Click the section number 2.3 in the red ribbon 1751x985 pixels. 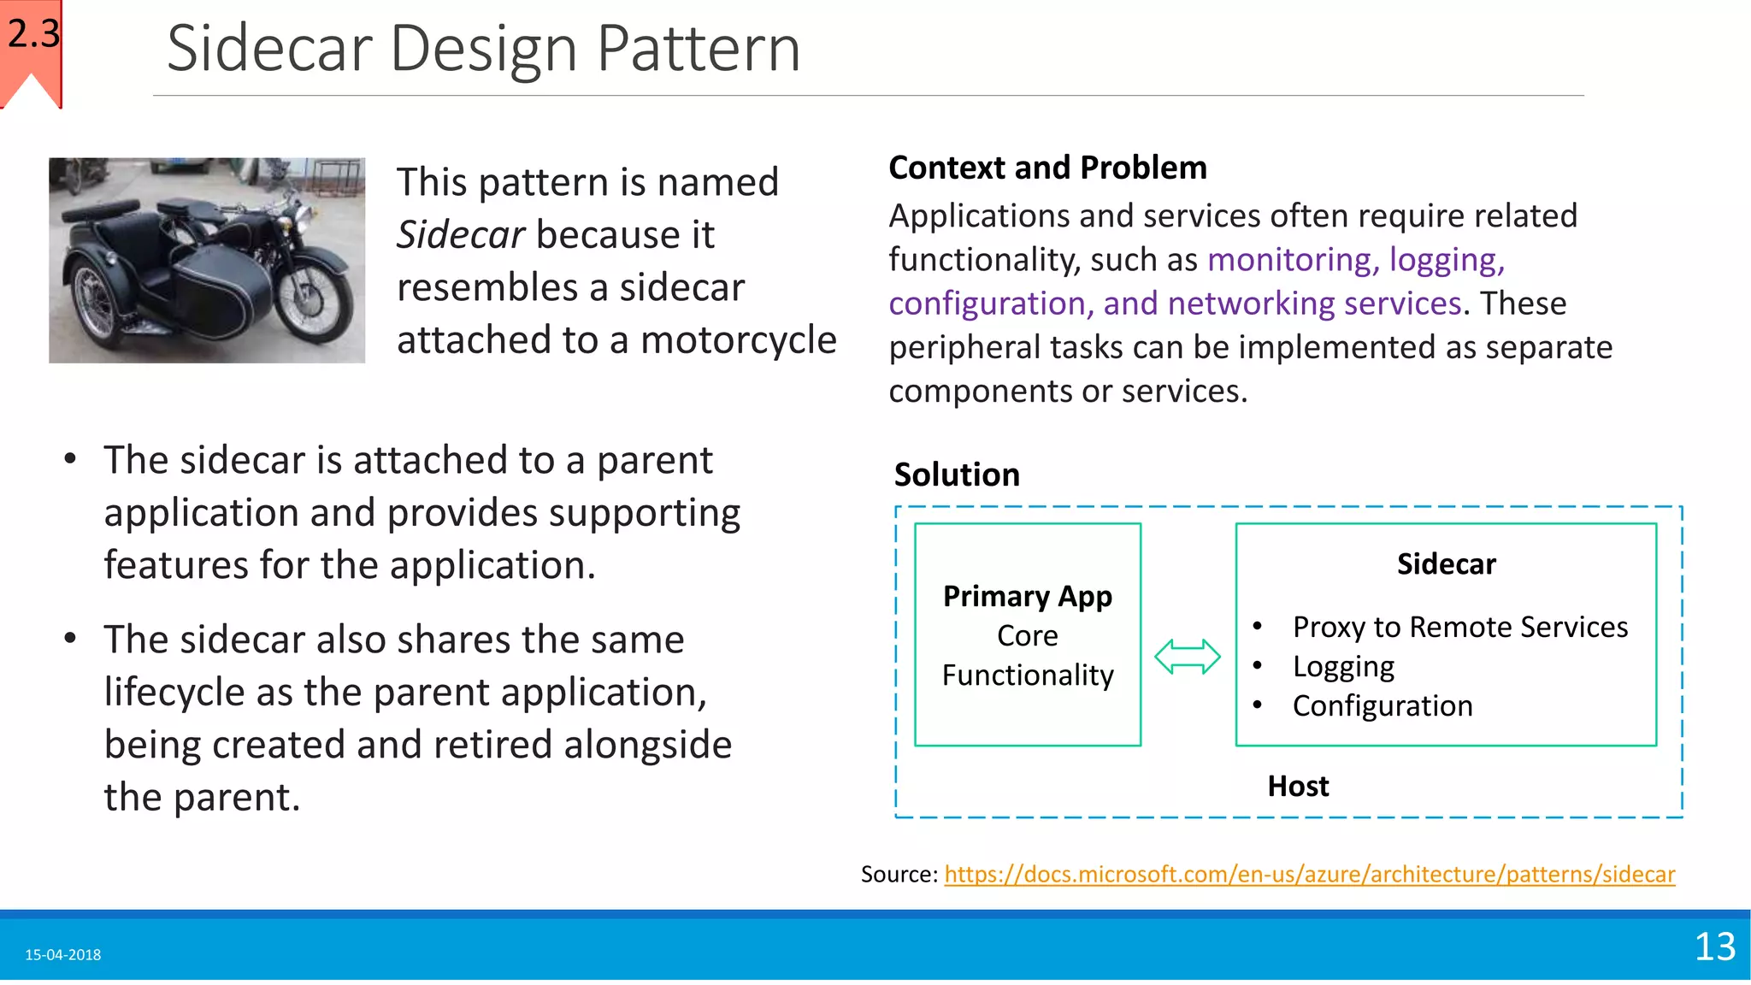click(x=33, y=34)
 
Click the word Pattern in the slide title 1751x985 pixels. click(x=698, y=49)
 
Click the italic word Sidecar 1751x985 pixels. click(x=460, y=235)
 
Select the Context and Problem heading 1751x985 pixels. click(x=1047, y=168)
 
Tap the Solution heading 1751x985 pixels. click(x=957, y=475)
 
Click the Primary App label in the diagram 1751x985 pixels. click(x=1027, y=596)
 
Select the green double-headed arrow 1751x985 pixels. click(x=1187, y=657)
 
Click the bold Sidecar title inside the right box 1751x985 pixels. click(x=1446, y=564)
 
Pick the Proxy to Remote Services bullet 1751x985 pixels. click(x=1459, y=628)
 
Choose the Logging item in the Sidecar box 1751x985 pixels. click(x=1343, y=667)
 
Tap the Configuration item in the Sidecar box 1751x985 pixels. click(x=1382, y=706)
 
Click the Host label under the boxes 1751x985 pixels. click(x=1297, y=787)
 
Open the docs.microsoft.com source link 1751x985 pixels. click(x=1309, y=875)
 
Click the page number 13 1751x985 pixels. click(x=1714, y=947)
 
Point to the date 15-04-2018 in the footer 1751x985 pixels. click(x=63, y=955)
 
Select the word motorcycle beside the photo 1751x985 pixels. click(x=738, y=340)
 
